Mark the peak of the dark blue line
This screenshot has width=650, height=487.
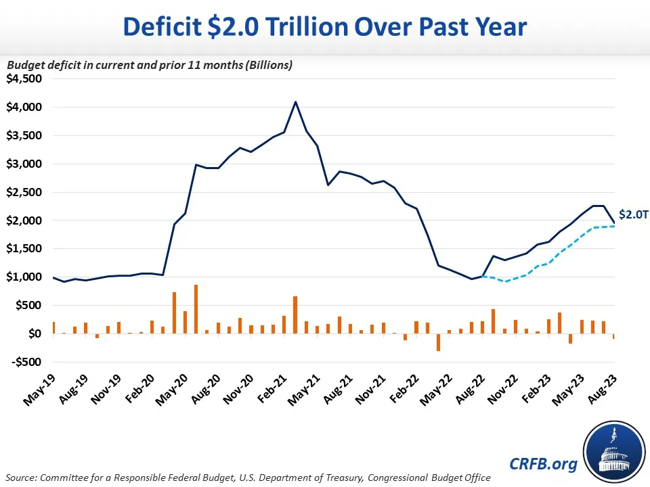click(295, 102)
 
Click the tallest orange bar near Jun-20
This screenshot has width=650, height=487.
click(196, 309)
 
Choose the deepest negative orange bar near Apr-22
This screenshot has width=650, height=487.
click(439, 342)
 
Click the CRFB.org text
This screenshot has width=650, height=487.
click(535, 464)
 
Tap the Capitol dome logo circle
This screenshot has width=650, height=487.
click(613, 450)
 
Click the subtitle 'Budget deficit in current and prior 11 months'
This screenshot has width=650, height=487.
click(149, 65)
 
